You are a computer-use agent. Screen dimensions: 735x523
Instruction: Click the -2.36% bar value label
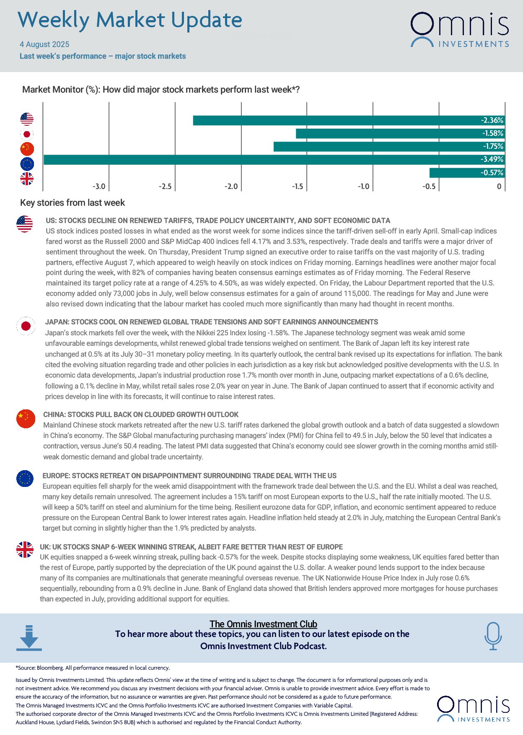click(492, 120)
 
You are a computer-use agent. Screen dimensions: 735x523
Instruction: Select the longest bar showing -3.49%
click(272, 160)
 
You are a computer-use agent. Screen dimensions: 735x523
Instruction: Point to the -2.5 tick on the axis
click(165, 186)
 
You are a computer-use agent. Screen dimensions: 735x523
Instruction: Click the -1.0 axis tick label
click(363, 186)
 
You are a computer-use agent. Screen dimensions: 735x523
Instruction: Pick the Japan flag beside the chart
click(27, 134)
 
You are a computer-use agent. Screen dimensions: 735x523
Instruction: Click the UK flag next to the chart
click(27, 179)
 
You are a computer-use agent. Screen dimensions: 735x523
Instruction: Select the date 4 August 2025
click(44, 44)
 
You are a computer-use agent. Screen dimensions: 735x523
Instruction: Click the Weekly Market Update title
click(130, 20)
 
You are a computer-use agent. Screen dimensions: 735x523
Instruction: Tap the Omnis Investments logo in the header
click(459, 29)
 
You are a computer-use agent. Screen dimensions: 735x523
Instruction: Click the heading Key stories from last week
click(72, 203)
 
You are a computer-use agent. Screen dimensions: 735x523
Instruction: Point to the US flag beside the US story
click(25, 224)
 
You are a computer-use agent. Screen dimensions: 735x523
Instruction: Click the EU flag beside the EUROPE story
click(25, 479)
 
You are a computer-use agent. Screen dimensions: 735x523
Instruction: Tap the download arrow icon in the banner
click(29, 638)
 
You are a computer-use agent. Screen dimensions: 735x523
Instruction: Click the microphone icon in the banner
click(493, 636)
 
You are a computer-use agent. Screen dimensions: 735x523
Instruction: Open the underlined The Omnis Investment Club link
click(263, 624)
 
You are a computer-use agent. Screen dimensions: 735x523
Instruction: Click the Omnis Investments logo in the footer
click(473, 709)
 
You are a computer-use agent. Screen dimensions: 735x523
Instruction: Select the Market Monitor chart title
click(161, 90)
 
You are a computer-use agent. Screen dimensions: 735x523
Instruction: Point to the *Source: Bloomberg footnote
click(93, 668)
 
